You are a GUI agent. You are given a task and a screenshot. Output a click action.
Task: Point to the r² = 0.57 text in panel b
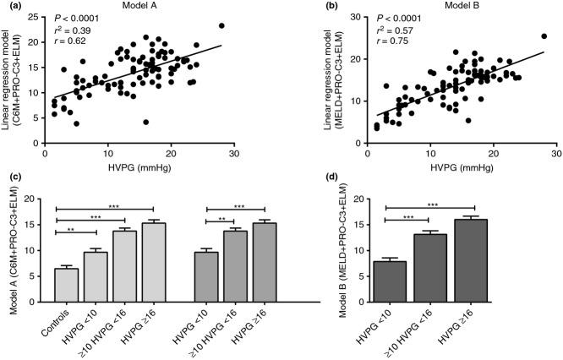pyautogui.click(x=390, y=28)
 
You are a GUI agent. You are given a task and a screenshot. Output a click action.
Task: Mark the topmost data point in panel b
pyautogui.click(x=544, y=36)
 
